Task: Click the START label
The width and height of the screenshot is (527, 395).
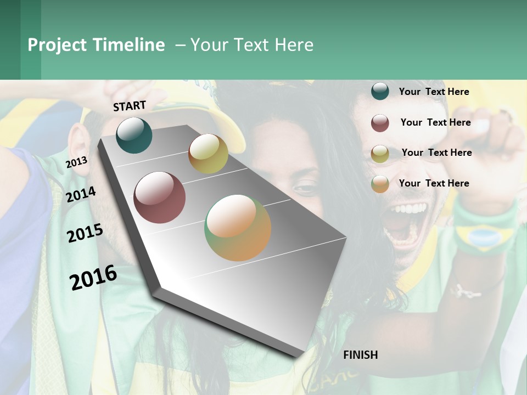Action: [x=130, y=106]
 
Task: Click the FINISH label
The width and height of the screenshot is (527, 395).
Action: [x=360, y=355]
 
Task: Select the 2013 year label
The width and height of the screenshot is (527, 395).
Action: [x=76, y=162]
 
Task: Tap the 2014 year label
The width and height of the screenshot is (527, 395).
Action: [x=81, y=194]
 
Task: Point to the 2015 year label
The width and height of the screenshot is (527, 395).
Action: [x=85, y=233]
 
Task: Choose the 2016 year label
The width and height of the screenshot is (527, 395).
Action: [x=93, y=277]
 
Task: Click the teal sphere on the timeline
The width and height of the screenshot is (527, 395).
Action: [x=134, y=135]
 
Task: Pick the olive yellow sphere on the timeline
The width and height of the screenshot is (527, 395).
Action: [x=208, y=154]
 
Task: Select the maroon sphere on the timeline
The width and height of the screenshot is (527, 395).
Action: [x=160, y=198]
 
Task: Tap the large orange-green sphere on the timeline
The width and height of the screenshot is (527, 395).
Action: [x=238, y=228]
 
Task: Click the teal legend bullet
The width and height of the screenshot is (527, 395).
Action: [x=380, y=92]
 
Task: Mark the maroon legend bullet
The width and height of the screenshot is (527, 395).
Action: [x=380, y=123]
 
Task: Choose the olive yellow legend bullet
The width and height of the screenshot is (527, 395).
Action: [x=380, y=154]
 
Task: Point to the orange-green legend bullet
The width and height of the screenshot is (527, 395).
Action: [x=380, y=184]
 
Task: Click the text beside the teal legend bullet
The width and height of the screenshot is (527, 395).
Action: [x=434, y=92]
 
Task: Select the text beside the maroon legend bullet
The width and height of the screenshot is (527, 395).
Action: [x=435, y=122]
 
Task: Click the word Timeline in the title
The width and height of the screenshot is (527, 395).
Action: [x=128, y=45]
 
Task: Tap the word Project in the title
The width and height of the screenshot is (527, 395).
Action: [x=57, y=45]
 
